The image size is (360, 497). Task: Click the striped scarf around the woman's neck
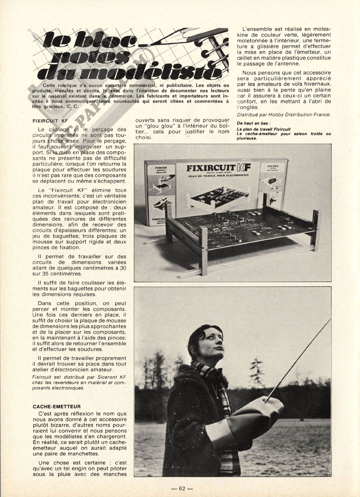pyautogui.click(x=199, y=378)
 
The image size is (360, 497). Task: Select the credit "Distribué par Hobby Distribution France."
pyautogui.click(x=284, y=114)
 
